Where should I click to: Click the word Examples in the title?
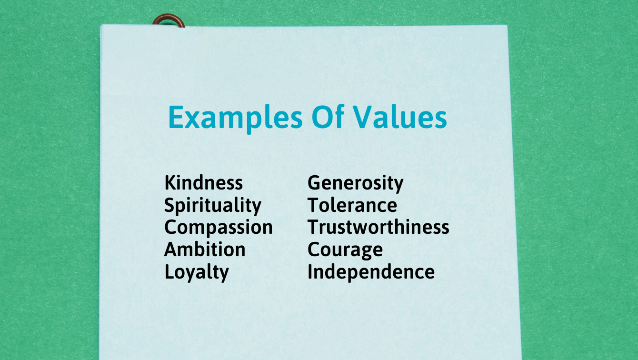[235, 118]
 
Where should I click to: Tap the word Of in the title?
[328, 117]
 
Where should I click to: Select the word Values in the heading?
[400, 117]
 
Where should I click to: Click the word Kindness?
[204, 182]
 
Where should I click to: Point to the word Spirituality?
[213, 206]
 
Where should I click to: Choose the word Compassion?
[219, 228]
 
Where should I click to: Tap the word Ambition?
[205, 250]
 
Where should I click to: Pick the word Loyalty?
[197, 272]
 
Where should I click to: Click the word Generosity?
[356, 183]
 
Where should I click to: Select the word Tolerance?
[352, 205]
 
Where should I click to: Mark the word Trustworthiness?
[379, 227]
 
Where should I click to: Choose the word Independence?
[371, 272]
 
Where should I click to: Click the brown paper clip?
[169, 19]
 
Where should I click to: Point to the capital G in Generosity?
[314, 182]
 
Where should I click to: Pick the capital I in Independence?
[310, 272]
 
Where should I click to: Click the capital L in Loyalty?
[170, 272]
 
